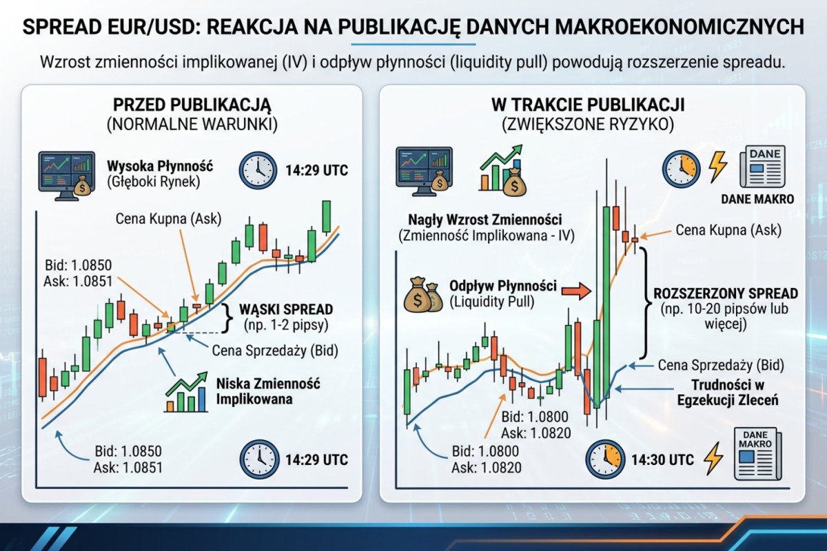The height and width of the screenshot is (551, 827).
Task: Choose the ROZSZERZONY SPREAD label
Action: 726,293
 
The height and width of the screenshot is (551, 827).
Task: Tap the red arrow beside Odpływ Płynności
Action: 577,291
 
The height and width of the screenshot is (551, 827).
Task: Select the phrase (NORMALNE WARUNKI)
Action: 192,125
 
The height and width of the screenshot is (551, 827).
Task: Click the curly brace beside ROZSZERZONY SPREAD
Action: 645,303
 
